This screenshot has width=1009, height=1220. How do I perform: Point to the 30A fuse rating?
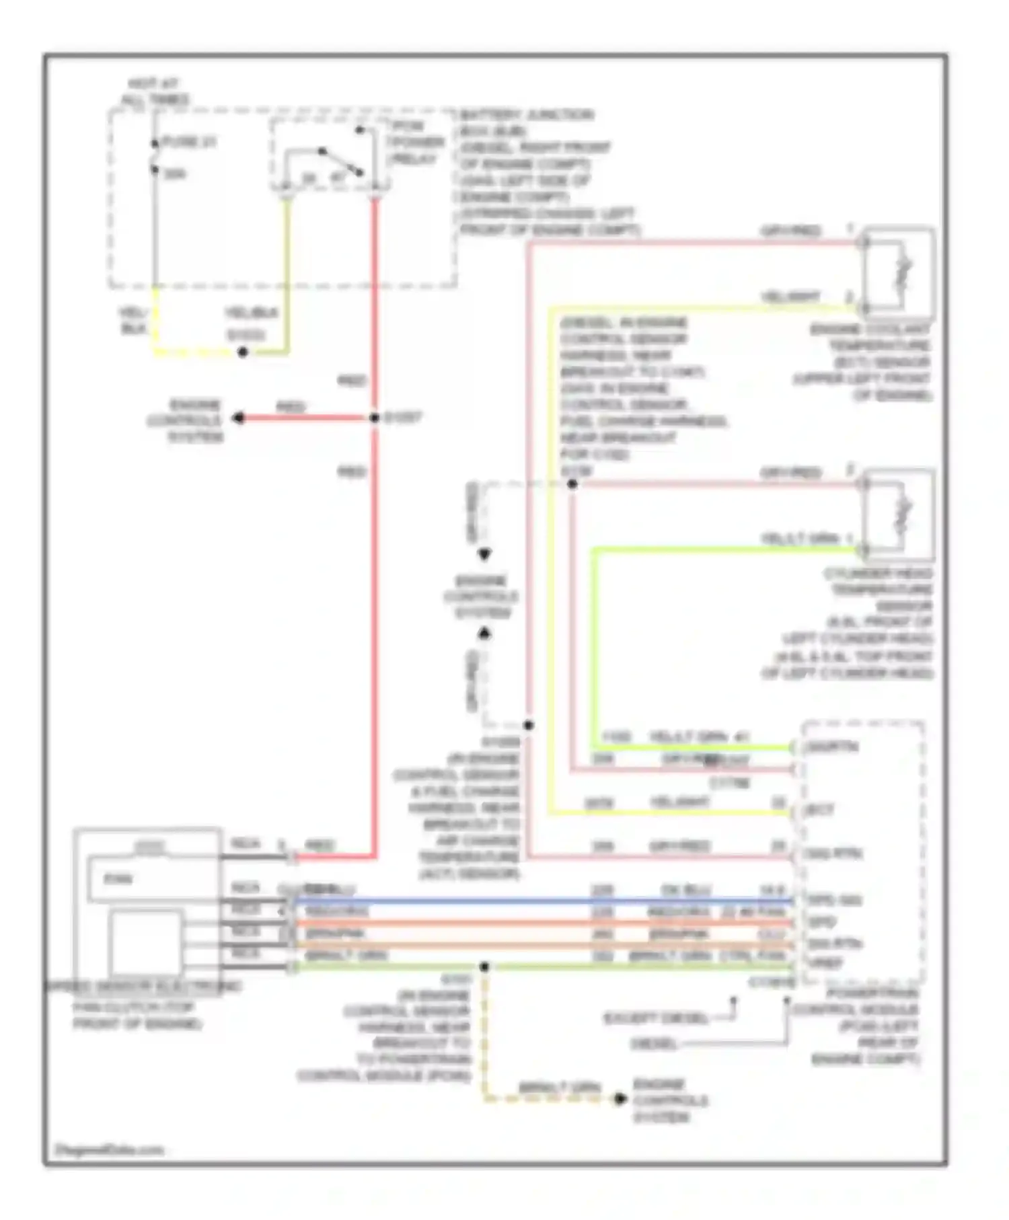[x=175, y=174]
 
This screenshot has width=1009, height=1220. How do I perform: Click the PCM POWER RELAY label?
[x=415, y=143]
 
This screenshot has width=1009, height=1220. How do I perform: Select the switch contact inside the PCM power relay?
[x=340, y=161]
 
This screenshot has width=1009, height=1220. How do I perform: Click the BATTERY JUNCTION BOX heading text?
[x=527, y=115]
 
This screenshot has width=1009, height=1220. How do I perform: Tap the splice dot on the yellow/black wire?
[x=244, y=352]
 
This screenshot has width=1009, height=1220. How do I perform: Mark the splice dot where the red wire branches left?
[x=375, y=418]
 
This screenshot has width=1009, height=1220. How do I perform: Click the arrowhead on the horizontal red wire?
[x=238, y=418]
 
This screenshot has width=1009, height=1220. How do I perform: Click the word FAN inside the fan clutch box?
[x=118, y=878]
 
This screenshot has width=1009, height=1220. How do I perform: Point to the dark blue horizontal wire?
[x=538, y=901]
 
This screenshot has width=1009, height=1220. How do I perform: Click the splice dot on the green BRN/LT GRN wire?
[x=484, y=967]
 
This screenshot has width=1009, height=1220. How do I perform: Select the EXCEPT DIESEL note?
[x=655, y=1018]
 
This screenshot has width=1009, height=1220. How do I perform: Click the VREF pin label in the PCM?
[x=825, y=963]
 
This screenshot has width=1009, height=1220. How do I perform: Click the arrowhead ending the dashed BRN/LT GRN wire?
[x=620, y=1099]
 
